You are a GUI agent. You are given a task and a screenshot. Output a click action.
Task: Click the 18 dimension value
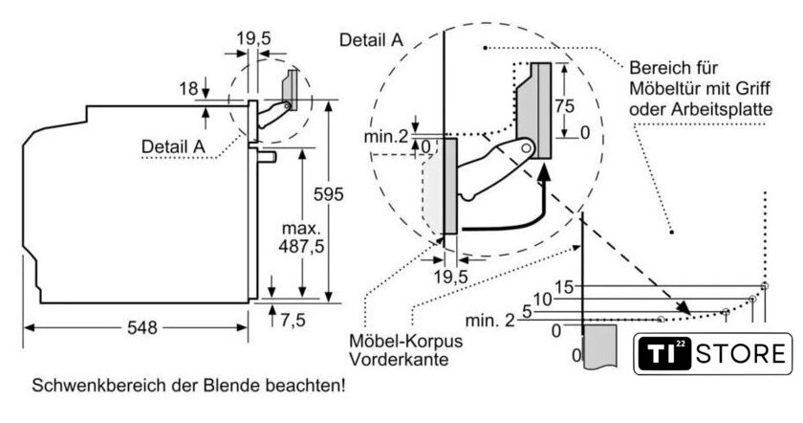click(x=187, y=88)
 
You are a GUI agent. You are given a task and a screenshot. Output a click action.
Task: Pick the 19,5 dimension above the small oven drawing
click(x=253, y=38)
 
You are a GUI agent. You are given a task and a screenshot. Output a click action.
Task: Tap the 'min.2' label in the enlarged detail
click(x=387, y=138)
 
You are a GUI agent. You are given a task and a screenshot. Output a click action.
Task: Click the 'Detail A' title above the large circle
click(x=371, y=39)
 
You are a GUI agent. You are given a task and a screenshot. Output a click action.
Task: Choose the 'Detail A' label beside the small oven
click(x=173, y=145)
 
